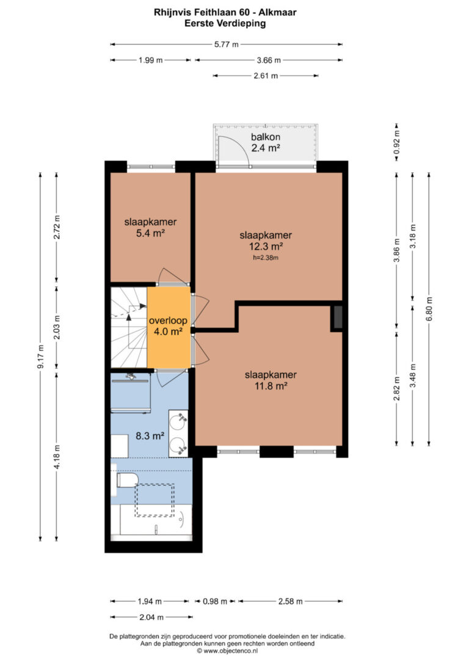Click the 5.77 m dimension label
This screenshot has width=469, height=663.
coord(226,44)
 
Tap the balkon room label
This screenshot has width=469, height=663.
coord(266,142)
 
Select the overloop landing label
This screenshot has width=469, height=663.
coord(168,326)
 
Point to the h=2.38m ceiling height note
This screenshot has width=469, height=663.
coord(266,258)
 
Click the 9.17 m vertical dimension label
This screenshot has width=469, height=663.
coord(40,357)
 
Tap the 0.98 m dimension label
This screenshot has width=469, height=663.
coord(215,601)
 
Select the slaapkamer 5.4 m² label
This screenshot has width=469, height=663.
coord(150,227)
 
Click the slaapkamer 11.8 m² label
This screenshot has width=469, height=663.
coord(271,380)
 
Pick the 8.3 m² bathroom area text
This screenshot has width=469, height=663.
coord(150,435)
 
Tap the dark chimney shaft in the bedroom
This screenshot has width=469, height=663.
coord(338,317)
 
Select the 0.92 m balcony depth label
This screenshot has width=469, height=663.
coord(396,142)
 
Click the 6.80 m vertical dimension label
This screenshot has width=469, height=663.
coord(429,309)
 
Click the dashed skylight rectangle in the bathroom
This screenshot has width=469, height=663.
coord(155,500)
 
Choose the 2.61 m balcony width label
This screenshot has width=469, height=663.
coord(266,76)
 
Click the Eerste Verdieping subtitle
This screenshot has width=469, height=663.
coord(225,23)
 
